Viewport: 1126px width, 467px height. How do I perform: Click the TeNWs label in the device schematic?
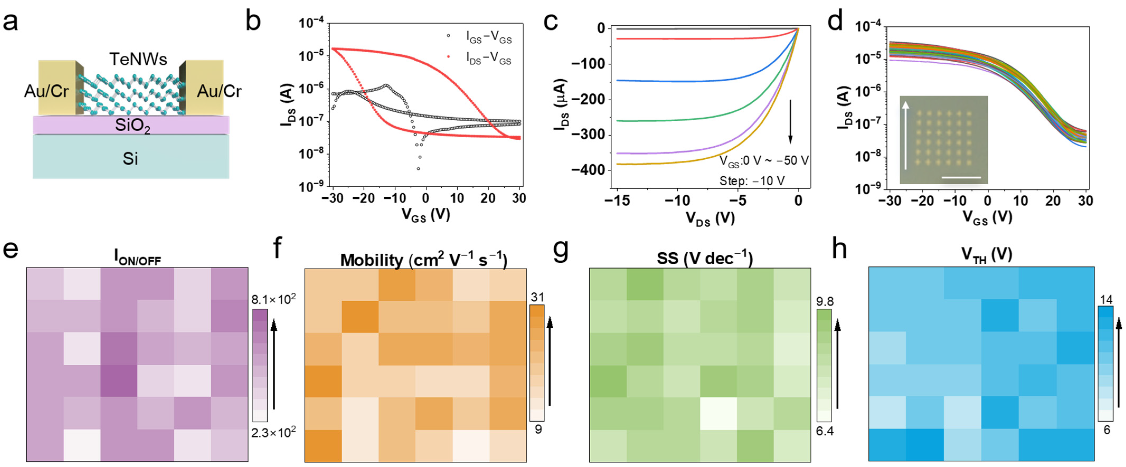(138, 59)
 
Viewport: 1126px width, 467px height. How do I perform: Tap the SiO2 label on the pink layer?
(133, 126)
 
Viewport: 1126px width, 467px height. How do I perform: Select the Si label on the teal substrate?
(130, 159)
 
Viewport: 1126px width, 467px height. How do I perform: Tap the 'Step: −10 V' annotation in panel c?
(752, 180)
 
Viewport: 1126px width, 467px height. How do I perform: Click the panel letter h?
(839, 249)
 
